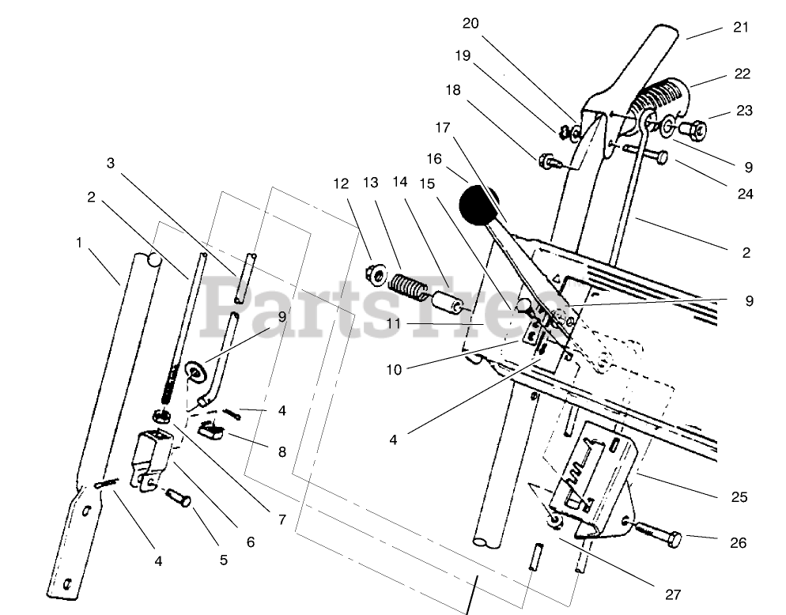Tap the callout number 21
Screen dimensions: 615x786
click(x=740, y=28)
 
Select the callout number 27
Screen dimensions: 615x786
click(x=672, y=594)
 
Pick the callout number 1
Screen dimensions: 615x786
click(x=79, y=243)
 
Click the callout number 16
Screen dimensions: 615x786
click(x=434, y=159)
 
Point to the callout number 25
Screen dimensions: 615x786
click(x=739, y=497)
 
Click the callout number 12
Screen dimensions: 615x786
click(x=340, y=183)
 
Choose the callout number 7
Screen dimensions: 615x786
click(x=282, y=521)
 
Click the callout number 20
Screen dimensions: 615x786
click(x=470, y=24)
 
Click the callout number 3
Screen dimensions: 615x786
click(x=111, y=163)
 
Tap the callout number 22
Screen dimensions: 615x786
click(x=741, y=74)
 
